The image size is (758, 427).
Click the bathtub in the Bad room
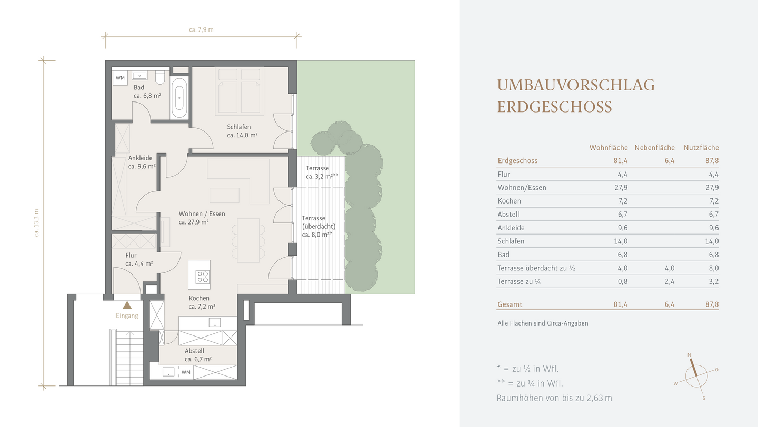[179, 98]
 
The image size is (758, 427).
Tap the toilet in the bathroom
[159, 77]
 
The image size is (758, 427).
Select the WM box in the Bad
[120, 78]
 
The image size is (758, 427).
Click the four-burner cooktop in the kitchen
[202, 277]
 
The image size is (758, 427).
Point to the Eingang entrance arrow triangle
[127, 306]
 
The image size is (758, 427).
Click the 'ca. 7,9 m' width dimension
[201, 30]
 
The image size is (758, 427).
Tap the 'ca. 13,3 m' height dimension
[36, 222]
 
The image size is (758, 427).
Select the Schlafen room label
[239, 127]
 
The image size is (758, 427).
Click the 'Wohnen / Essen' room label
[202, 213]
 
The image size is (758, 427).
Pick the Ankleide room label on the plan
[140, 158]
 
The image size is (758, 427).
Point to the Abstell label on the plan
[194, 351]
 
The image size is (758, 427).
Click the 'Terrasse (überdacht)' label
[318, 222]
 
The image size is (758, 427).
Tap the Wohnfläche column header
[609, 148]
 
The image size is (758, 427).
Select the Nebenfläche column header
[654, 148]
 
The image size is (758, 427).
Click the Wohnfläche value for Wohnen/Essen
[621, 188]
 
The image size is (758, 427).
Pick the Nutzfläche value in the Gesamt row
[712, 304]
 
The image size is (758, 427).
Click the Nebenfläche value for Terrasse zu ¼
[670, 281]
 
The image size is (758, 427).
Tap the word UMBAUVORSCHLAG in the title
[576, 85]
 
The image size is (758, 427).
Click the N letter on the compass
[689, 355]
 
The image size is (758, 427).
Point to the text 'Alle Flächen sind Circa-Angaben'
[543, 323]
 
